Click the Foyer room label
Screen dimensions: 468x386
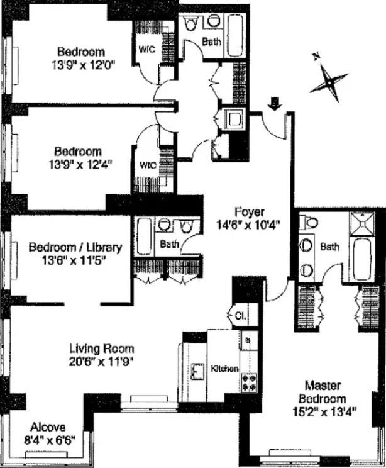(x=250, y=211)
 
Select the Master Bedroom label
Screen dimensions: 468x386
(x=325, y=392)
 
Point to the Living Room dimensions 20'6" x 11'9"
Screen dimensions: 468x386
(x=102, y=361)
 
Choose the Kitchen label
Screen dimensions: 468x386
(x=224, y=368)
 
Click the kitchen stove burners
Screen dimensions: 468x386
(x=250, y=381)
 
